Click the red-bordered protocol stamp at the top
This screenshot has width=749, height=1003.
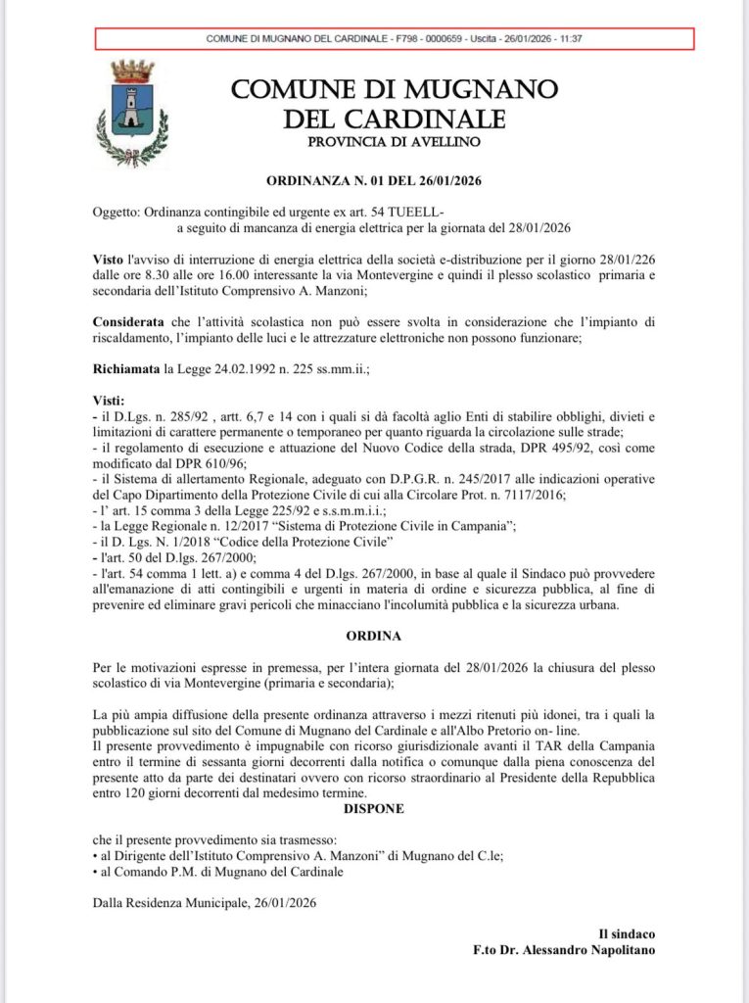(395, 38)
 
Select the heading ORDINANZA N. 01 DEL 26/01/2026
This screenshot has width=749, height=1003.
(375, 181)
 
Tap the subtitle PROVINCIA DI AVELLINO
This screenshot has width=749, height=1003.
(395, 142)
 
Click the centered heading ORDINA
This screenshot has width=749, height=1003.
(375, 636)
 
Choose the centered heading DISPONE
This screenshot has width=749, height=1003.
(375, 809)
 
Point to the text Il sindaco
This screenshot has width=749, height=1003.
(627, 934)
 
